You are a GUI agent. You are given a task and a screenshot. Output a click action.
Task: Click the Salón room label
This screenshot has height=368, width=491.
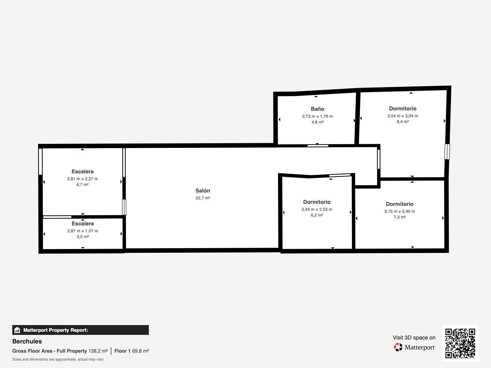click(203, 191)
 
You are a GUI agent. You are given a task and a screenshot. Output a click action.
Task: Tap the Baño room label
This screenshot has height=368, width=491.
click(317, 109)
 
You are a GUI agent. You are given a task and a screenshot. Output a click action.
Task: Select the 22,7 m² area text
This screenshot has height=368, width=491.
click(203, 198)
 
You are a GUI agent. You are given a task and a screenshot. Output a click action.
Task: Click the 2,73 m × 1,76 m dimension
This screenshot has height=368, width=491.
click(317, 116)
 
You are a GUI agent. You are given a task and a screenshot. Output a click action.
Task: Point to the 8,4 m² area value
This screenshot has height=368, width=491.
click(402, 122)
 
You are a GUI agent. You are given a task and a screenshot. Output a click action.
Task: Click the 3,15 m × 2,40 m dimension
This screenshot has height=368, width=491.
click(400, 211)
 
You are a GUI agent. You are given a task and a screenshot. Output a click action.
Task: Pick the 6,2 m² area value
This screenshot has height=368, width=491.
click(317, 215)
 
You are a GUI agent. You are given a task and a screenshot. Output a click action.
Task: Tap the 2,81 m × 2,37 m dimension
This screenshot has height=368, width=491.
click(82, 179)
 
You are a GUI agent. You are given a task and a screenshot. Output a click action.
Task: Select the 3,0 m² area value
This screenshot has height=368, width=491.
click(83, 237)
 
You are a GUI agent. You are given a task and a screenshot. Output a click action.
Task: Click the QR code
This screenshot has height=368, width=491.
click(460, 343)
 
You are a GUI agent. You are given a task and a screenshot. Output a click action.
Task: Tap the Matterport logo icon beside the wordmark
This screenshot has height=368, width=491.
click(398, 347)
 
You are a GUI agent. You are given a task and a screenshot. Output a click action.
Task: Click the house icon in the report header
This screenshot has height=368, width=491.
click(17, 330)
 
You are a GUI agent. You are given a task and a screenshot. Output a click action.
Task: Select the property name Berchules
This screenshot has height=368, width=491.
click(27, 341)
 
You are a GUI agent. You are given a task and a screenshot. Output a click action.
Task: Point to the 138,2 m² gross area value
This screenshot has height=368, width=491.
click(98, 351)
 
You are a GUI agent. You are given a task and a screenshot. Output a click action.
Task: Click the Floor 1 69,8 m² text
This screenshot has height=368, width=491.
click(132, 351)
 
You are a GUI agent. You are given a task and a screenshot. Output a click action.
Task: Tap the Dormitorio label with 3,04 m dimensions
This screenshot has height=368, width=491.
click(402, 109)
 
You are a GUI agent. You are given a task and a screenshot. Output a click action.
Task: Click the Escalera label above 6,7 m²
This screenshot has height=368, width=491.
click(82, 171)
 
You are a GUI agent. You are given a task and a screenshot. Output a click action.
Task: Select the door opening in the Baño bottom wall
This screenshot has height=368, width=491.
click(318, 146)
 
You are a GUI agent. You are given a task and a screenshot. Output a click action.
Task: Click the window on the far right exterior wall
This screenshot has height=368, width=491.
click(447, 151)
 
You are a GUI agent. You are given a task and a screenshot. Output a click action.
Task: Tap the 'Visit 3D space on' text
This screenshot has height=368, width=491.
click(414, 338)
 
